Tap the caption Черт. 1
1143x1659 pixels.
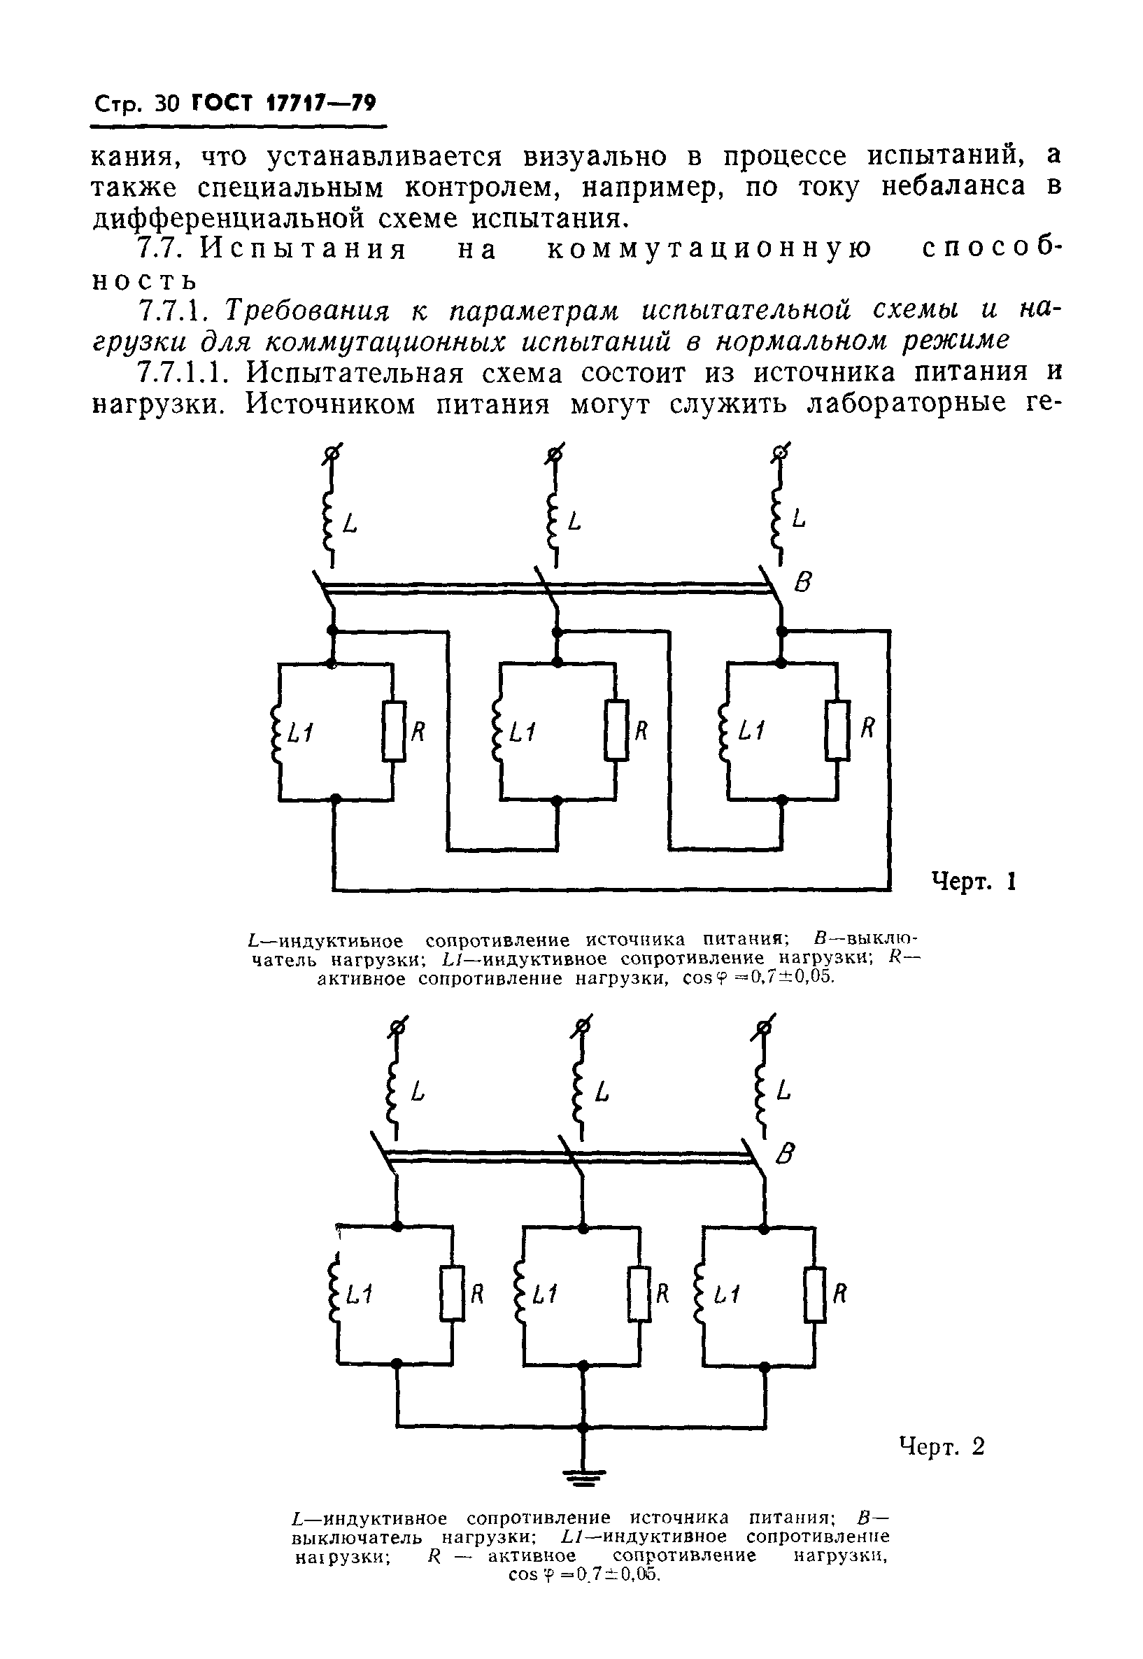coord(973,880)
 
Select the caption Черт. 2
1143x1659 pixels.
coord(942,1446)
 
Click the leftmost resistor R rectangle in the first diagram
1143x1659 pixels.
coord(393,730)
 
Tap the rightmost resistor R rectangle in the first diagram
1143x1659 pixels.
coord(837,730)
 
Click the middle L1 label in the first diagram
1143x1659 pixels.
coord(522,731)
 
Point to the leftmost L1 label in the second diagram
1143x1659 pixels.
coord(358,1294)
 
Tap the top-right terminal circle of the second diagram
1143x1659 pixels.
coord(765,1027)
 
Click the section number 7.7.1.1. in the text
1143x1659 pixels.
coord(186,373)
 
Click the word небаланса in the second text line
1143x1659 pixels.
coord(953,186)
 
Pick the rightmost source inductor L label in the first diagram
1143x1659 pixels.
coord(799,518)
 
